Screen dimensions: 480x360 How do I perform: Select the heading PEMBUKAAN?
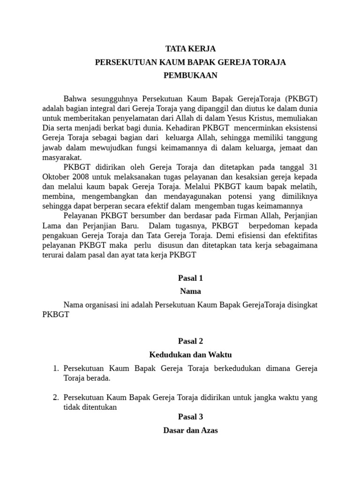tap(190, 75)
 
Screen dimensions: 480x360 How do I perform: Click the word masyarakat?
tap(62, 157)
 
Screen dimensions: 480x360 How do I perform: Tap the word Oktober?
tap(55, 177)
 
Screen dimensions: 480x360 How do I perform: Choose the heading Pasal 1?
tap(190, 278)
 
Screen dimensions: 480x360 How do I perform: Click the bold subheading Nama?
tap(190, 291)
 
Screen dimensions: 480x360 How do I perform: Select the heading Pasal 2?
tap(190, 341)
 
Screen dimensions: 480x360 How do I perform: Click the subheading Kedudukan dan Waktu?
tap(190, 354)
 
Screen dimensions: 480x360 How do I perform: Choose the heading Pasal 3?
tap(190, 417)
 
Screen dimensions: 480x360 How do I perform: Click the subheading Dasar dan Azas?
tap(190, 430)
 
